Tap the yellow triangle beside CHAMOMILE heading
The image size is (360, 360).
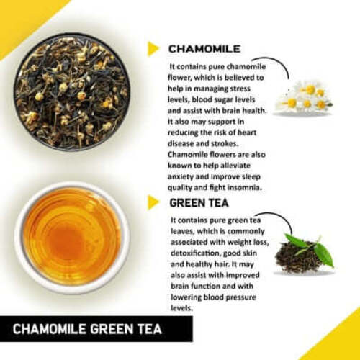pos(153,49)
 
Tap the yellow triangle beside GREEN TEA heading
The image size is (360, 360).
pos(153,203)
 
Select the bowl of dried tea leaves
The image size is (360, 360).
pos(71,91)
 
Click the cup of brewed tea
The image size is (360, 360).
pos(72,237)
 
